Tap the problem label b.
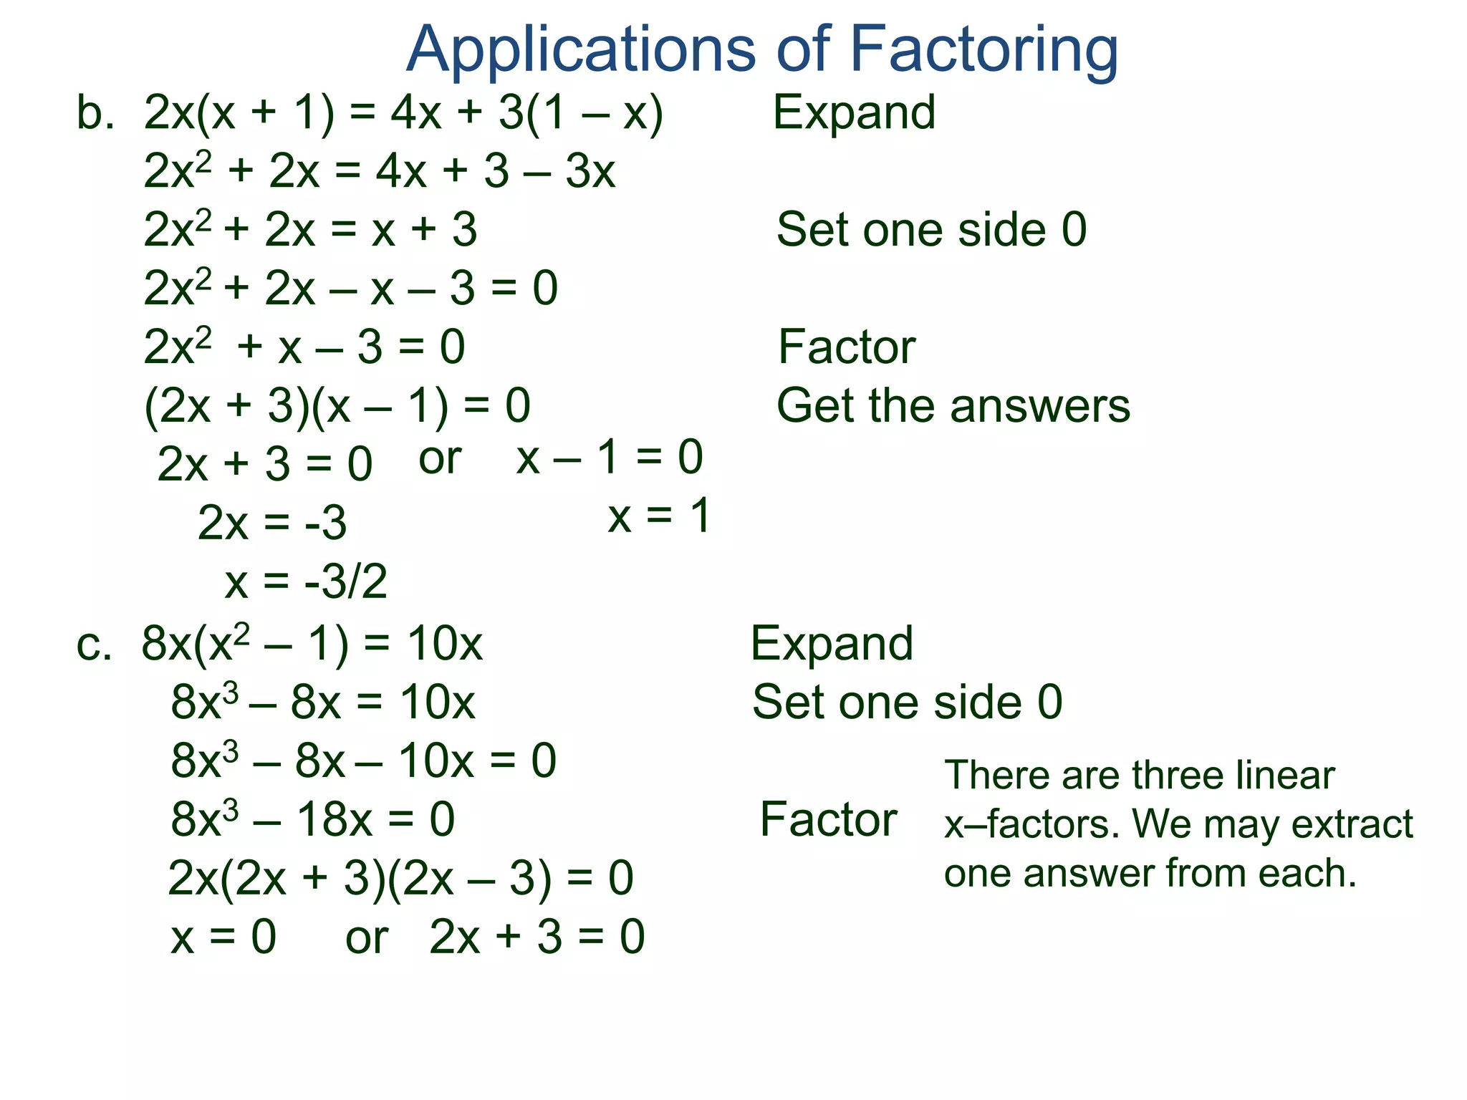[95, 113]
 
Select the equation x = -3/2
[306, 581]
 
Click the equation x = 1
[659, 516]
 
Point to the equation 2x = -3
[272, 523]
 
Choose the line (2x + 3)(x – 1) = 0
[337, 406]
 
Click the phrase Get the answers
[953, 406]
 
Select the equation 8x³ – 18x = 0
[312, 819]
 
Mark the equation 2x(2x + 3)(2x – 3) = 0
[400, 879]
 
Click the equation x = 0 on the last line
[223, 937]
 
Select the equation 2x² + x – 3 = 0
[304, 347]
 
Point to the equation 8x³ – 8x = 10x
[322, 703]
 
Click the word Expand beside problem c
[832, 644]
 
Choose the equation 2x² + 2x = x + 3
[310, 230]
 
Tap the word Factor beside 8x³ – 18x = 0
[828, 819]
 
